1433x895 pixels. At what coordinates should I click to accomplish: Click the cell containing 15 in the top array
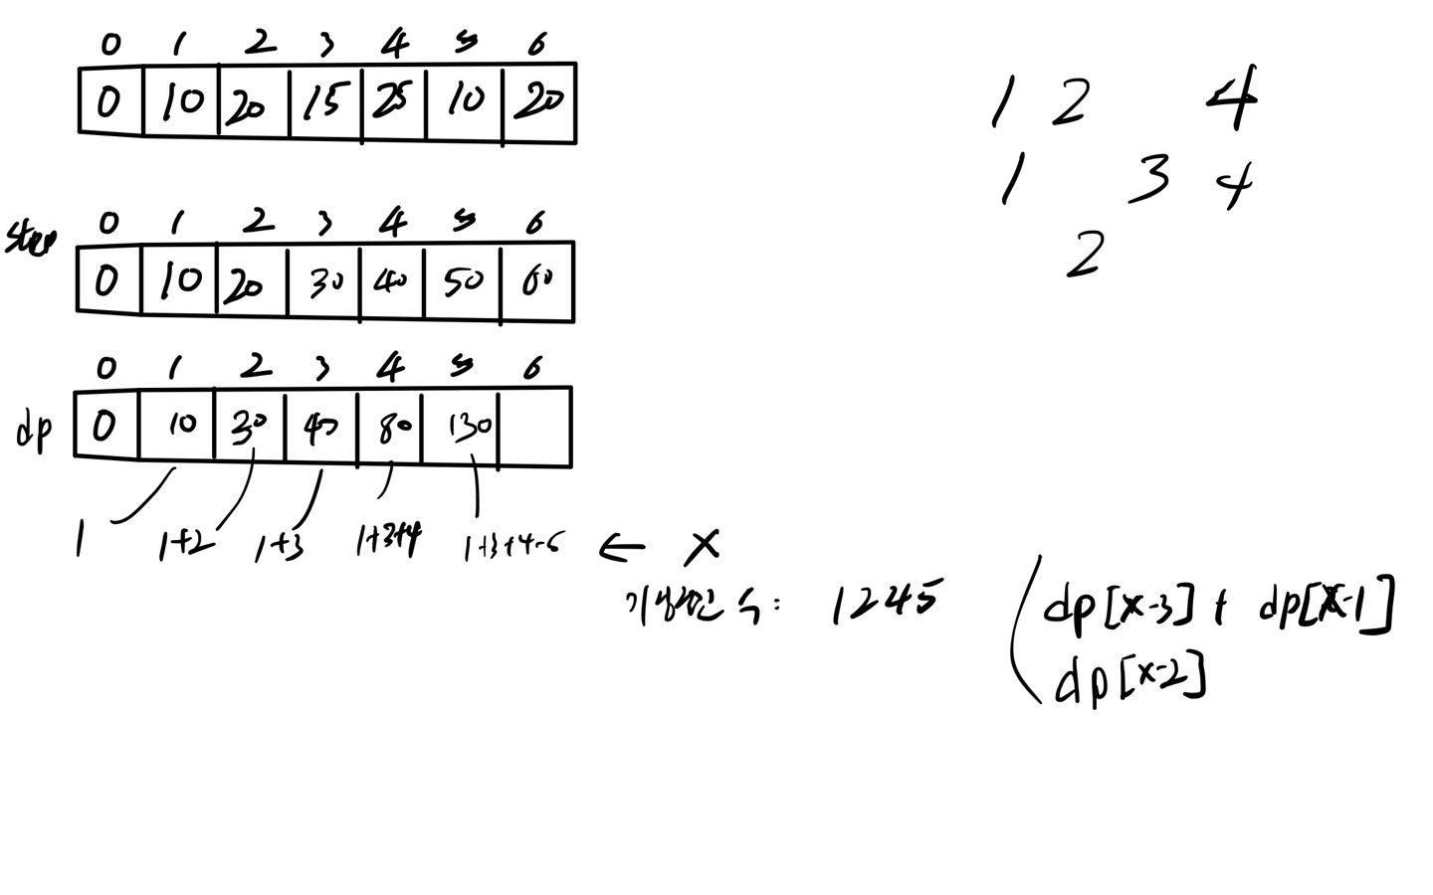pyautogui.click(x=324, y=102)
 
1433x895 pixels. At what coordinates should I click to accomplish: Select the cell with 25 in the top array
pyautogui.click(x=394, y=102)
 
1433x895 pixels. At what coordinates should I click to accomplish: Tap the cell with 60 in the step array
pyautogui.click(x=538, y=282)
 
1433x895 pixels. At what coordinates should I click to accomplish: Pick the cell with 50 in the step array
pyautogui.click(x=463, y=282)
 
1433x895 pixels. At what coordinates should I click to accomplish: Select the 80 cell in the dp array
pyautogui.click(x=390, y=428)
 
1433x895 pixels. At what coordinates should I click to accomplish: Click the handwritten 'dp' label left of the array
pyautogui.click(x=35, y=433)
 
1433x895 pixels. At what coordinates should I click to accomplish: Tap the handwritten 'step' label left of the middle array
pyautogui.click(x=30, y=240)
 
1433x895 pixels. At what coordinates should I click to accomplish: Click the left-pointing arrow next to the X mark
pyautogui.click(x=622, y=546)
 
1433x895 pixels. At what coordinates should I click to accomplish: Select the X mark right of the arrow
pyautogui.click(x=704, y=544)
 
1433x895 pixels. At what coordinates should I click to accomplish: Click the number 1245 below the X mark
pyautogui.click(x=884, y=602)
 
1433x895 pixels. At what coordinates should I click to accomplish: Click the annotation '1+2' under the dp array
pyautogui.click(x=184, y=546)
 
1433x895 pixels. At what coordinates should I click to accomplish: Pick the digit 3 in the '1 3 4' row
pyautogui.click(x=1149, y=180)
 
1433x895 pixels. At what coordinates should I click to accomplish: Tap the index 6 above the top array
pyautogui.click(x=537, y=43)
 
